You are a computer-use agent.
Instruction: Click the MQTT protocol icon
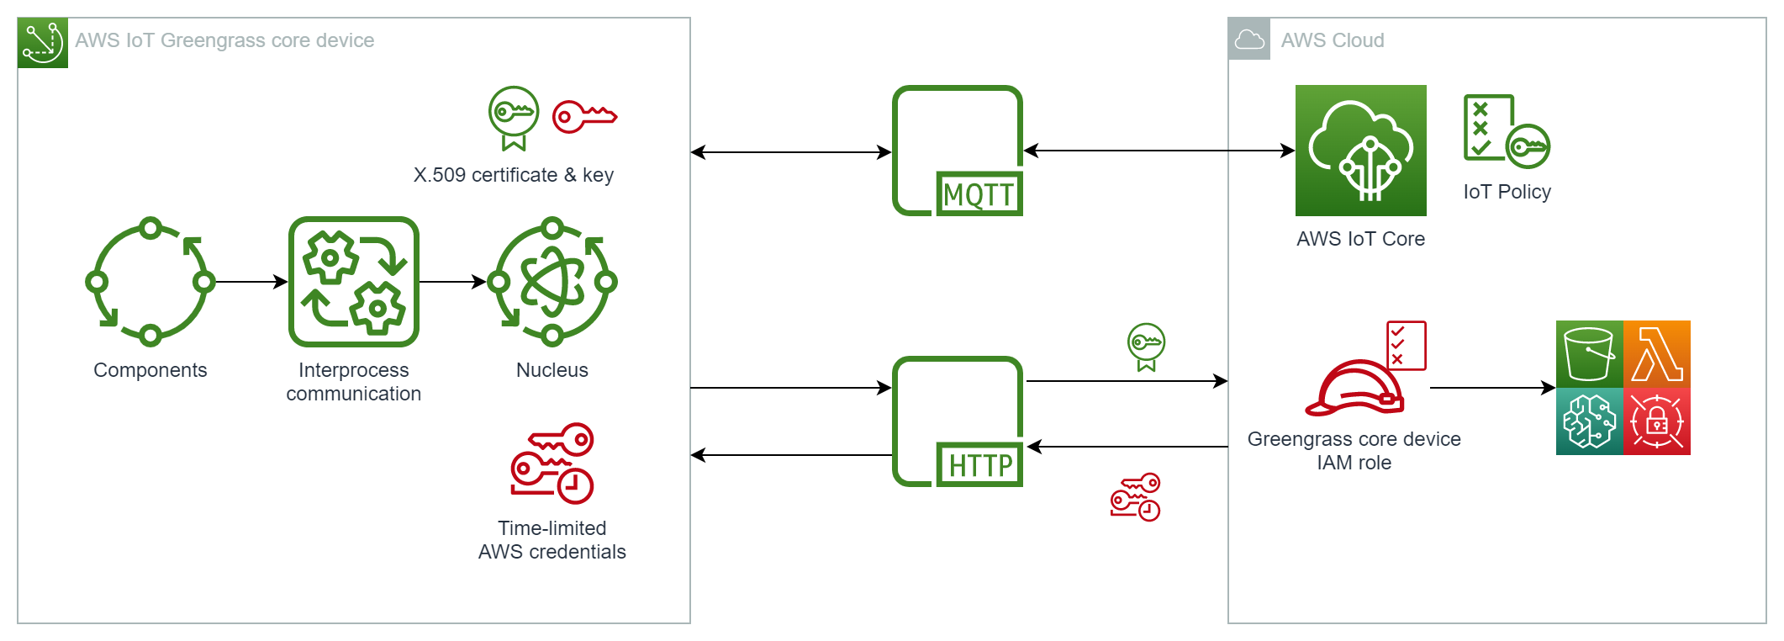pyautogui.click(x=958, y=151)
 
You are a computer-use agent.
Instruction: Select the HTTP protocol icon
pyautogui.click(x=958, y=421)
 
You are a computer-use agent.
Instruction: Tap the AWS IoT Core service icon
pyautogui.click(x=1360, y=151)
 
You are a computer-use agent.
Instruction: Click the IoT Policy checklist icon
pyautogui.click(x=1506, y=131)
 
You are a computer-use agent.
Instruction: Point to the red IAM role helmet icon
pyautogui.click(x=1354, y=388)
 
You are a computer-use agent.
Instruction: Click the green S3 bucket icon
pyautogui.click(x=1589, y=353)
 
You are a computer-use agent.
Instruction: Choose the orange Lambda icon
pyautogui.click(x=1657, y=353)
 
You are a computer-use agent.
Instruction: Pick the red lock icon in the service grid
pyautogui.click(x=1657, y=421)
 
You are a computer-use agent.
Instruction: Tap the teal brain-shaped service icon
pyautogui.click(x=1589, y=421)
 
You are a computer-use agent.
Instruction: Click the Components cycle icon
pyautogui.click(x=150, y=282)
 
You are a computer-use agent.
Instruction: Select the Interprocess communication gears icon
pyautogui.click(x=354, y=282)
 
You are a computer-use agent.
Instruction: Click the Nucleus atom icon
pyautogui.click(x=552, y=282)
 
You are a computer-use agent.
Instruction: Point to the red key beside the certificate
pyautogui.click(x=584, y=116)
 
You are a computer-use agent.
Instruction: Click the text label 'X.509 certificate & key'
pyautogui.click(x=513, y=175)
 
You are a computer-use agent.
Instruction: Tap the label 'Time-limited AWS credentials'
pyautogui.click(x=552, y=540)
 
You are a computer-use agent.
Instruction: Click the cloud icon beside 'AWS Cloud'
pyautogui.click(x=1249, y=40)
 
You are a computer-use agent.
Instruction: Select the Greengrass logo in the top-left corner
pyautogui.click(x=42, y=43)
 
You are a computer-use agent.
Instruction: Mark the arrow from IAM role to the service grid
pyautogui.click(x=1492, y=388)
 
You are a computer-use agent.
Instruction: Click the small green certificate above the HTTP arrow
pyautogui.click(x=1146, y=346)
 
